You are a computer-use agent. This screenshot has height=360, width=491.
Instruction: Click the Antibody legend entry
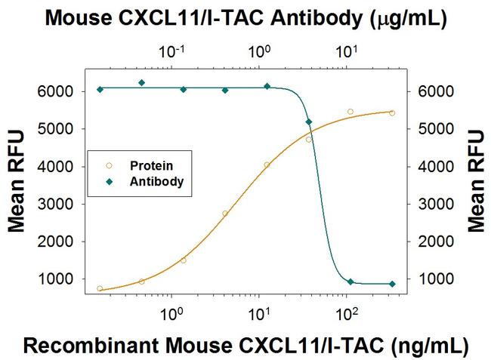click(x=156, y=181)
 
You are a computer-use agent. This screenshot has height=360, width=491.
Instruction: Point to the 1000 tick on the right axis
click(x=428, y=279)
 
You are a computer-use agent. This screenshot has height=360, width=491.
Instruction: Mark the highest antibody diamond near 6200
click(x=141, y=82)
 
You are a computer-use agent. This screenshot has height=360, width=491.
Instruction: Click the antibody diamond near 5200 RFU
click(x=308, y=122)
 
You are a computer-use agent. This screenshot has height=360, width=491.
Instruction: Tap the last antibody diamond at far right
click(x=392, y=284)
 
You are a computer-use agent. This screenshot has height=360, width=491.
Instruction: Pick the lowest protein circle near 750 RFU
click(x=100, y=288)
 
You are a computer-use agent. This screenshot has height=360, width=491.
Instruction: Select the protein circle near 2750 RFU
click(x=225, y=214)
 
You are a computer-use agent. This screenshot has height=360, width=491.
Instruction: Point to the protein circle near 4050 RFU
click(x=267, y=165)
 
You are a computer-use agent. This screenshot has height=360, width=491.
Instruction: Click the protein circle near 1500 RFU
click(x=184, y=260)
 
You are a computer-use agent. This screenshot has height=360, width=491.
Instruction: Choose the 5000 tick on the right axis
click(x=428, y=129)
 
